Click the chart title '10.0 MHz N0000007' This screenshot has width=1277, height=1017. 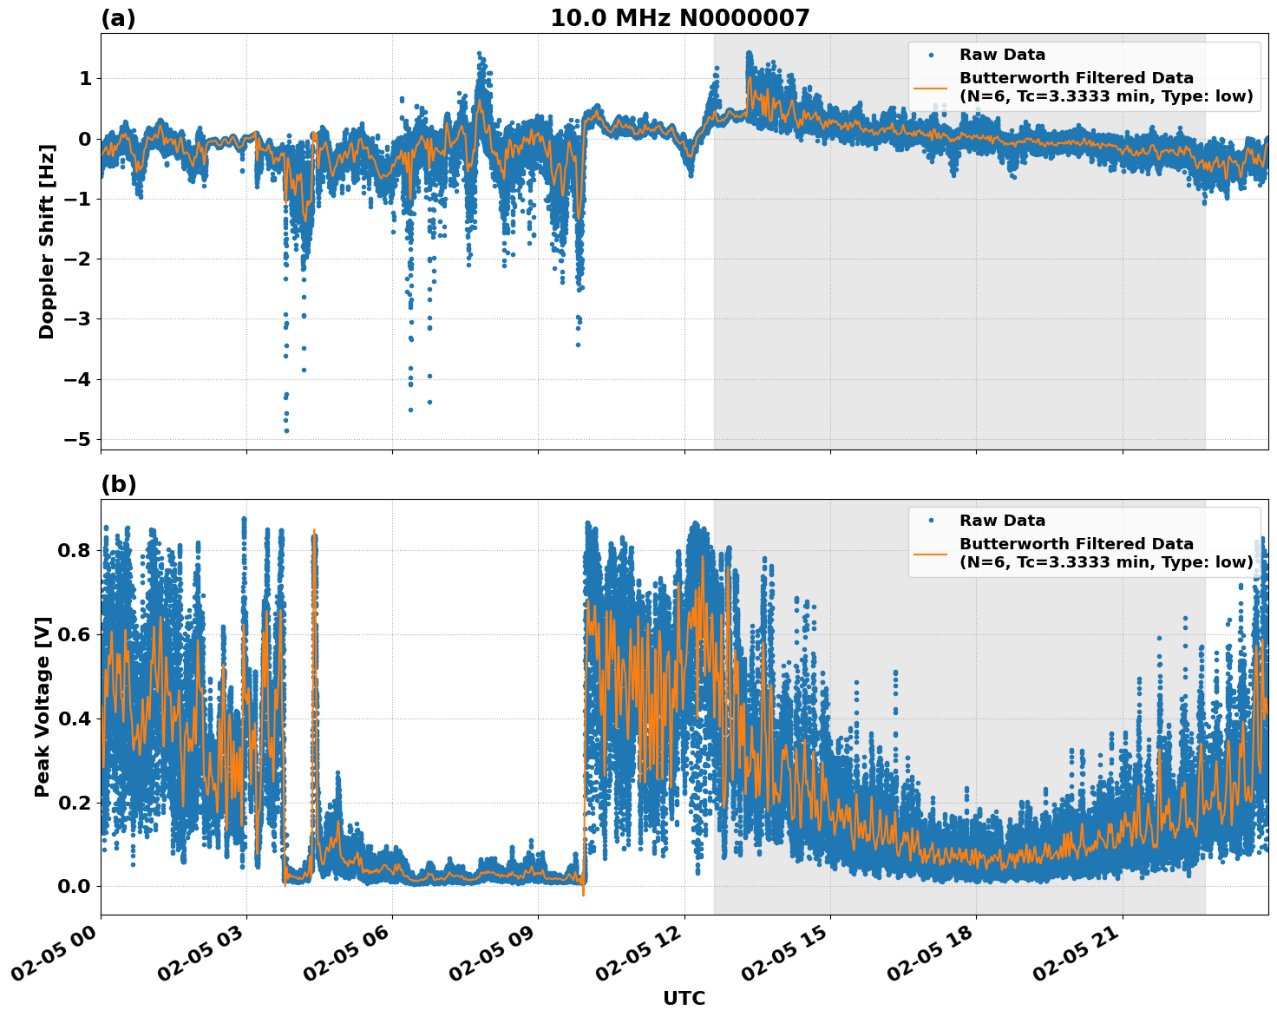coord(679,18)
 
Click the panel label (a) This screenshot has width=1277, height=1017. coord(118,18)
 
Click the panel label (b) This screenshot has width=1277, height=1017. coord(118,484)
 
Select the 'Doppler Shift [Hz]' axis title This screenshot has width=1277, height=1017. coord(47,241)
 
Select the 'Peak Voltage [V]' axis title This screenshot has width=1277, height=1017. coord(43,706)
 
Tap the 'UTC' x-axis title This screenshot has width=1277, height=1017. coord(684,998)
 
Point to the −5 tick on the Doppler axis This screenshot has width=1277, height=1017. coord(77,439)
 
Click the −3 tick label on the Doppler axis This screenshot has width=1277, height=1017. coord(77,319)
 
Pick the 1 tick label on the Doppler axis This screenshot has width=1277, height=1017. coord(85,79)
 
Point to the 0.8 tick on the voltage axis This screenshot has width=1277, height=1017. coord(75,550)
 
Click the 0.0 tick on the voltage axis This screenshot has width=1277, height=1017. coord(75,886)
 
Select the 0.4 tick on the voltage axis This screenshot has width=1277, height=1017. coord(75,718)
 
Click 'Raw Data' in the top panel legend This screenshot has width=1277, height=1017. coord(1002,55)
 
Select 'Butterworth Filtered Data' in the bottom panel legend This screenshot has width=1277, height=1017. coord(1076,544)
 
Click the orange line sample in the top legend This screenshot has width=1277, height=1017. coord(930,88)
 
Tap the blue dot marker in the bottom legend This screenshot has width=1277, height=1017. coord(930,521)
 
